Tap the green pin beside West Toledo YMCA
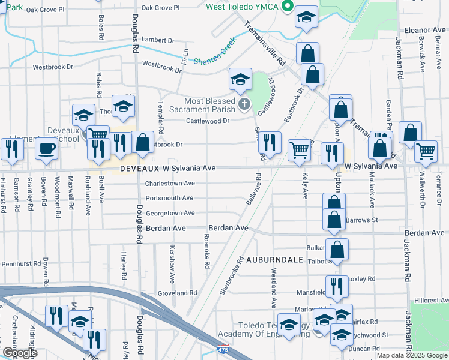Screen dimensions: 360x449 [x=288, y=7]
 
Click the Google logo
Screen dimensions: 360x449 [x=19, y=353]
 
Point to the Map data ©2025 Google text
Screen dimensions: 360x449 [x=411, y=355]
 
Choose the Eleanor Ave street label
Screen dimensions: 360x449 [x=424, y=29]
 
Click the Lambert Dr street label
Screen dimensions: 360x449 [x=157, y=40]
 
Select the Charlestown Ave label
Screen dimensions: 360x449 [x=170, y=184]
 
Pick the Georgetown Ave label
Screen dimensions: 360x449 [x=170, y=213]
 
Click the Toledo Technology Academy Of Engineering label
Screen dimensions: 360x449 [x=246, y=329]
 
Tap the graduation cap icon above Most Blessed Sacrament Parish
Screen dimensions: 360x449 [x=240, y=79]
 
